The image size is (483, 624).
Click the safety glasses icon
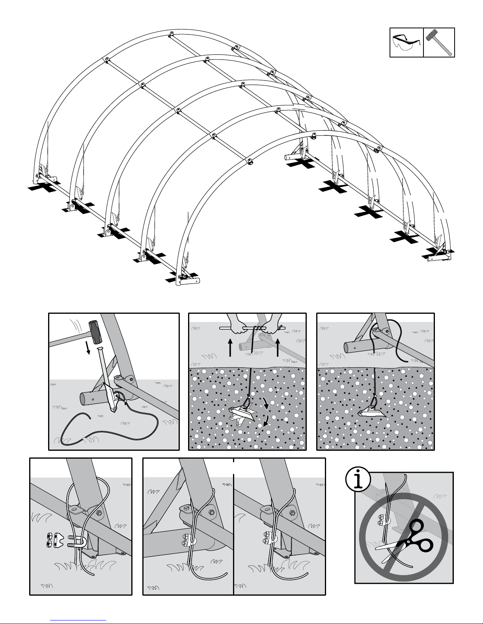(406, 42)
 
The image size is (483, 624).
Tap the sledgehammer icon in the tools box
(439, 42)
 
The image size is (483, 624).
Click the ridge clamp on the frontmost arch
(250, 161)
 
